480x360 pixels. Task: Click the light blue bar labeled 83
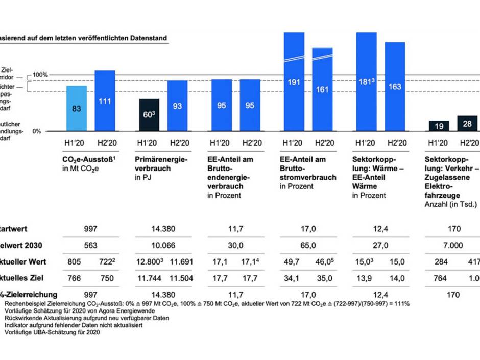77,108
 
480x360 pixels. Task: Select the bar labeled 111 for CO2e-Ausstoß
105,101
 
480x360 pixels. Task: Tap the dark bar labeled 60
149,114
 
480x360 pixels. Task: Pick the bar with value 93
177,106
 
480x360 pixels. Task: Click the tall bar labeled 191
294,82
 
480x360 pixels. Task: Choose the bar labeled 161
322,89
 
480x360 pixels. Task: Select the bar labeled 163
395,87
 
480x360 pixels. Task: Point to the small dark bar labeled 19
438,126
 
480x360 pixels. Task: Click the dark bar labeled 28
467,124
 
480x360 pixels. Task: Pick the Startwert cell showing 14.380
163,229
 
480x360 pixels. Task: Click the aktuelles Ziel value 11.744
149,278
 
